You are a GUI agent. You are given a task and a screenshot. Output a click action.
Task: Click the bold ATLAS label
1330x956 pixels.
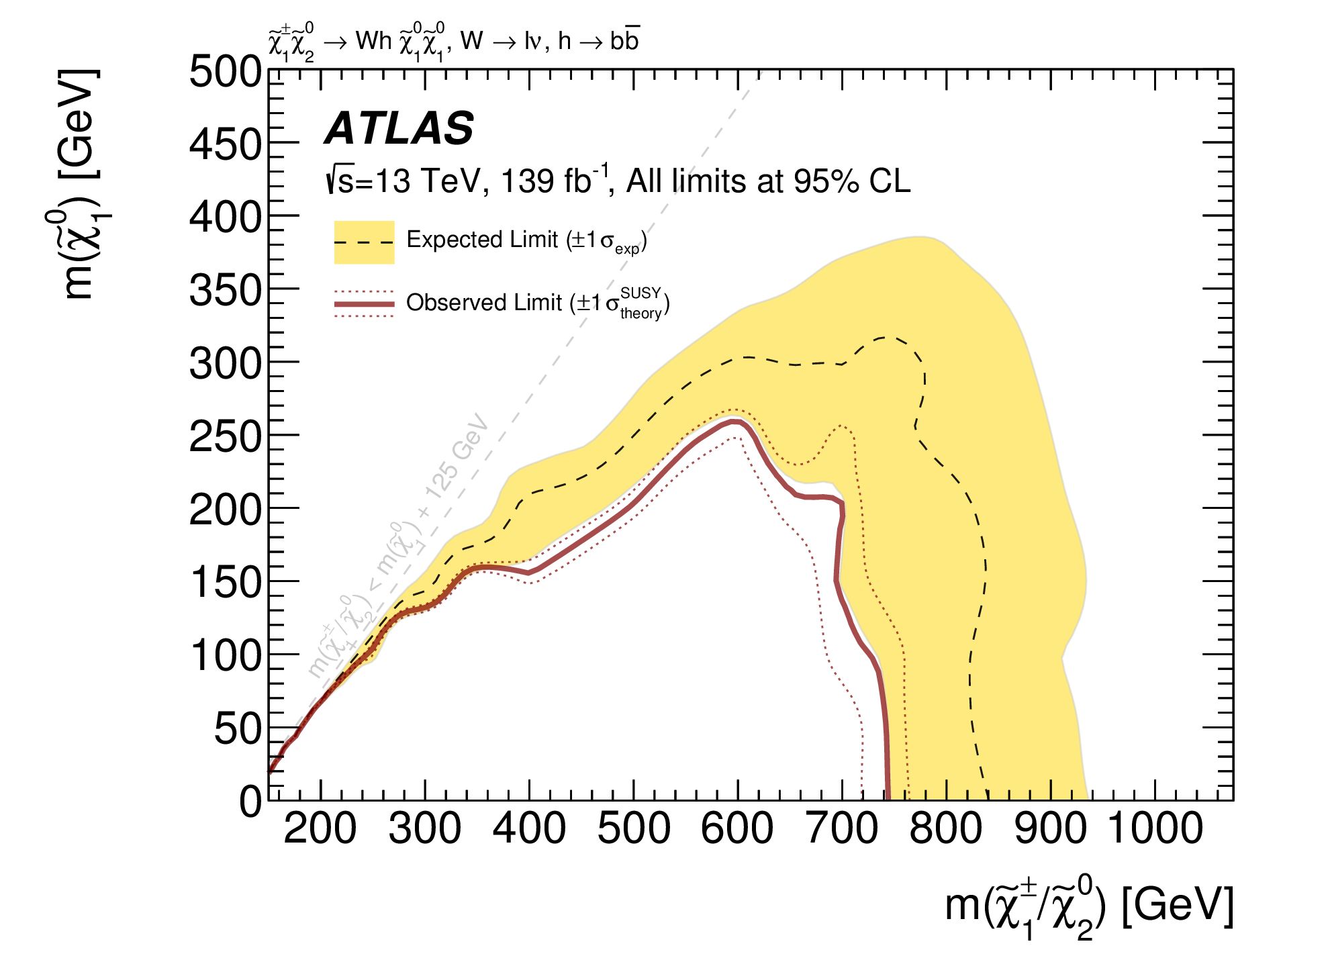(399, 128)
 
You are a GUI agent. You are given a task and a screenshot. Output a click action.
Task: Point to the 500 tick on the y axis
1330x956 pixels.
(225, 71)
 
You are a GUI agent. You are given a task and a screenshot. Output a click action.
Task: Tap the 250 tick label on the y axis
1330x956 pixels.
(225, 437)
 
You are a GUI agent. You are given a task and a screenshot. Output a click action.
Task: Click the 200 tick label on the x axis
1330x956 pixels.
(320, 828)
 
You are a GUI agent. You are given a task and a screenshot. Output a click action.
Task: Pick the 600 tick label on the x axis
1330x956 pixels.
(737, 828)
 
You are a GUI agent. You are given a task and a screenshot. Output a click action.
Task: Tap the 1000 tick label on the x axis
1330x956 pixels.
(1155, 828)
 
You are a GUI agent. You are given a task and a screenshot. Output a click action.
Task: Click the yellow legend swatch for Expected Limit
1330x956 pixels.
(364, 242)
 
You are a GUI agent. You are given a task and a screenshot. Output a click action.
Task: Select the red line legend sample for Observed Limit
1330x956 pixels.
(364, 304)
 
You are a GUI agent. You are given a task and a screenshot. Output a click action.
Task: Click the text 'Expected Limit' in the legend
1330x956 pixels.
(482, 240)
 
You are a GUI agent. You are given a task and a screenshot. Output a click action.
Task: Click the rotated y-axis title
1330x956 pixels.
(77, 185)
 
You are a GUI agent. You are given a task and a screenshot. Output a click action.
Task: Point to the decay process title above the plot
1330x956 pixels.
(454, 42)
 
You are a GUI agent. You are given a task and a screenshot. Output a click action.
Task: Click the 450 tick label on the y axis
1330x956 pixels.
(225, 144)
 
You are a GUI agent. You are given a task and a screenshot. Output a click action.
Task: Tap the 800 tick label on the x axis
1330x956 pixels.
(946, 828)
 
